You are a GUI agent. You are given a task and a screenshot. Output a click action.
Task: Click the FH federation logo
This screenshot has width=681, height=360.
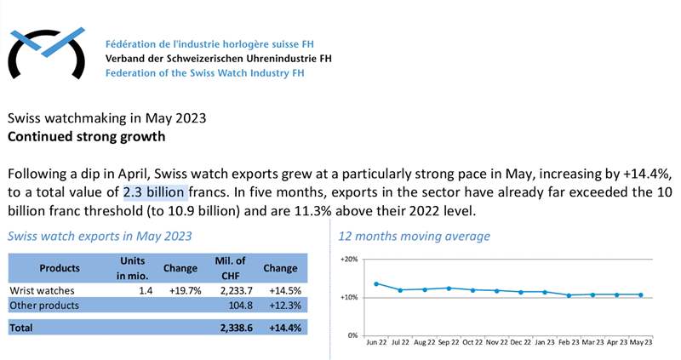coord(48,52)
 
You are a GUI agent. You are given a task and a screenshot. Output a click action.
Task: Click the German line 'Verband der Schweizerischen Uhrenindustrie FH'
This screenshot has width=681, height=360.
coord(218,58)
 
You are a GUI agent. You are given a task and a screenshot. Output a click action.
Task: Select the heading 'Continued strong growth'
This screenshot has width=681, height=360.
coord(86,135)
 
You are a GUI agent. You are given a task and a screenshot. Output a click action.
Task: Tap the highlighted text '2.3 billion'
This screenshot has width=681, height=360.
coord(154,192)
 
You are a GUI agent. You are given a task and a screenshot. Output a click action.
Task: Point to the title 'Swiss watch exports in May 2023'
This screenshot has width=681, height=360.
coord(100,236)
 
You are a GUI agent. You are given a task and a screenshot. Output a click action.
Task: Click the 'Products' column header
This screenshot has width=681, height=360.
coord(60,268)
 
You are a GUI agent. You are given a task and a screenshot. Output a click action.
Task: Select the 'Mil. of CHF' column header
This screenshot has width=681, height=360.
coord(231,267)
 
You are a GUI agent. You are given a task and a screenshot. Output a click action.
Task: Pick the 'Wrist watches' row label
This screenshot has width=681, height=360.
coord(37,290)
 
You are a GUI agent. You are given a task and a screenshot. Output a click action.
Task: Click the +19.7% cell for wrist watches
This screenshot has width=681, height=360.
coord(181,290)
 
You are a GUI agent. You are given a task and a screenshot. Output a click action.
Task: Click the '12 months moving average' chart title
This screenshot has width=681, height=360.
coord(414,236)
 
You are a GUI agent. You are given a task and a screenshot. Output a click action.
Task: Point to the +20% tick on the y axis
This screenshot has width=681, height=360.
coord(349,259)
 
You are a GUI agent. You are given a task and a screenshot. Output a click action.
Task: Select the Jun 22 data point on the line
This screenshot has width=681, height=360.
coord(376,283)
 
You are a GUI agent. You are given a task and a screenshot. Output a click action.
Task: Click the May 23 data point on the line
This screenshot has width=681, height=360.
coord(642,295)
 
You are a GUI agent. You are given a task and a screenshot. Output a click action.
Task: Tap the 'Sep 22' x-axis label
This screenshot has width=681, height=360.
coord(449,343)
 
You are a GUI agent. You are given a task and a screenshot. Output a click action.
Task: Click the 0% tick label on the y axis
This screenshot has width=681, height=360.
coord(352,335)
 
